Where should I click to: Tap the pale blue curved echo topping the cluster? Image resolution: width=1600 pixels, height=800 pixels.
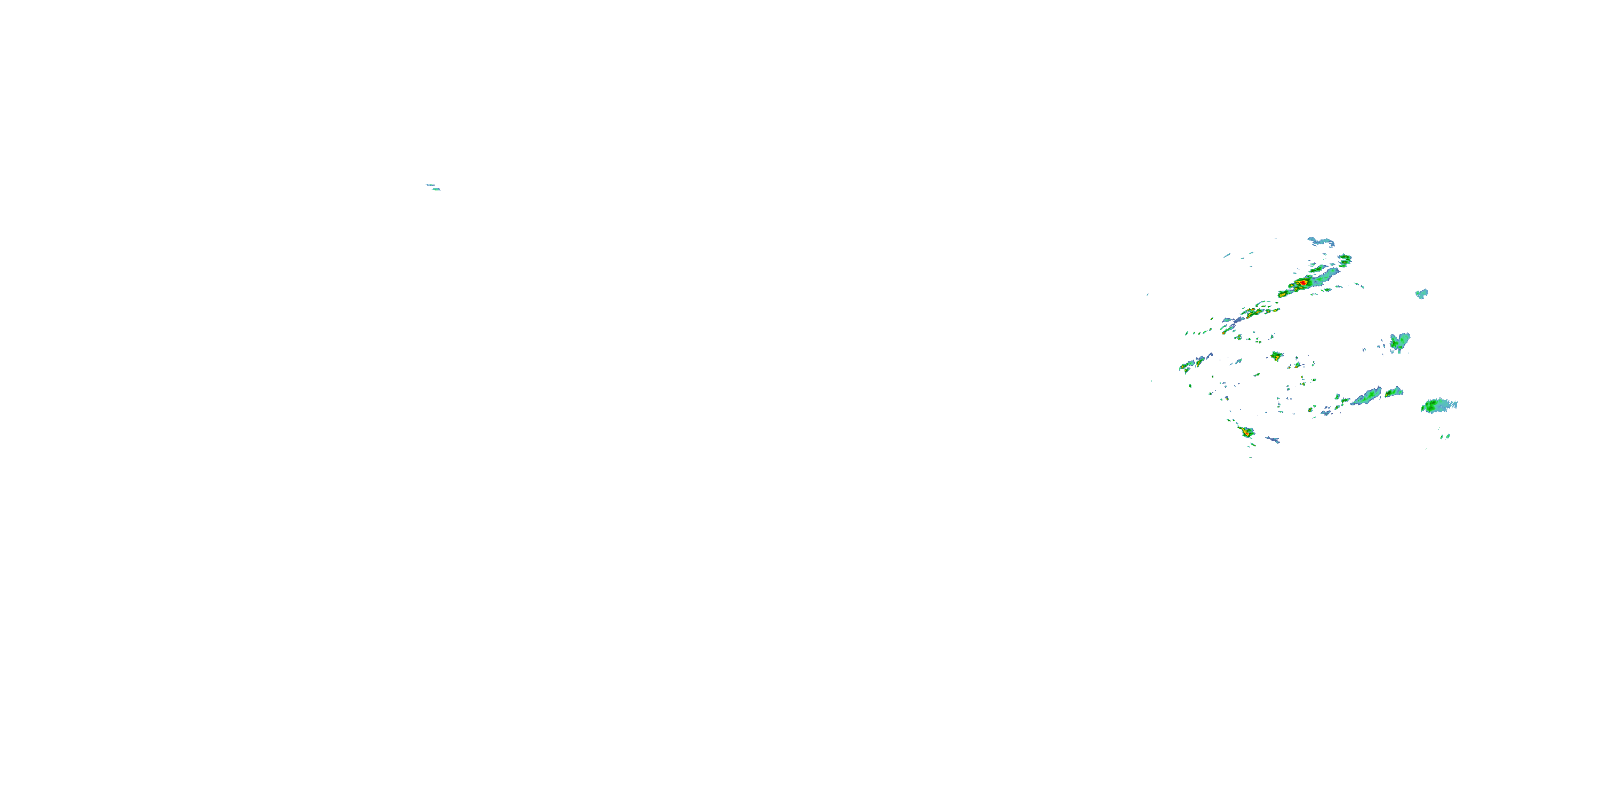[1321, 241]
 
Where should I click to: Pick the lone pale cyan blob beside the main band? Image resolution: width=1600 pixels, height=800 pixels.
[1422, 293]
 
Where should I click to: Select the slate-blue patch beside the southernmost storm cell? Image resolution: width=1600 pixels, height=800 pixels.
[1273, 440]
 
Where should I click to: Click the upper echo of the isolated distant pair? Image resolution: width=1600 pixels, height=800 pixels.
[429, 185]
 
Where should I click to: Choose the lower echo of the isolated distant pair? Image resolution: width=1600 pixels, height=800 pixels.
[437, 189]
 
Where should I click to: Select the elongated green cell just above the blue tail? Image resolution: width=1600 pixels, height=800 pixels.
[1317, 269]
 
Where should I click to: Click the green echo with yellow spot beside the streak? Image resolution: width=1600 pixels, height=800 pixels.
[1394, 392]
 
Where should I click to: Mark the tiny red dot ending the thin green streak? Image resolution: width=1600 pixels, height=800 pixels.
[1223, 333]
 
